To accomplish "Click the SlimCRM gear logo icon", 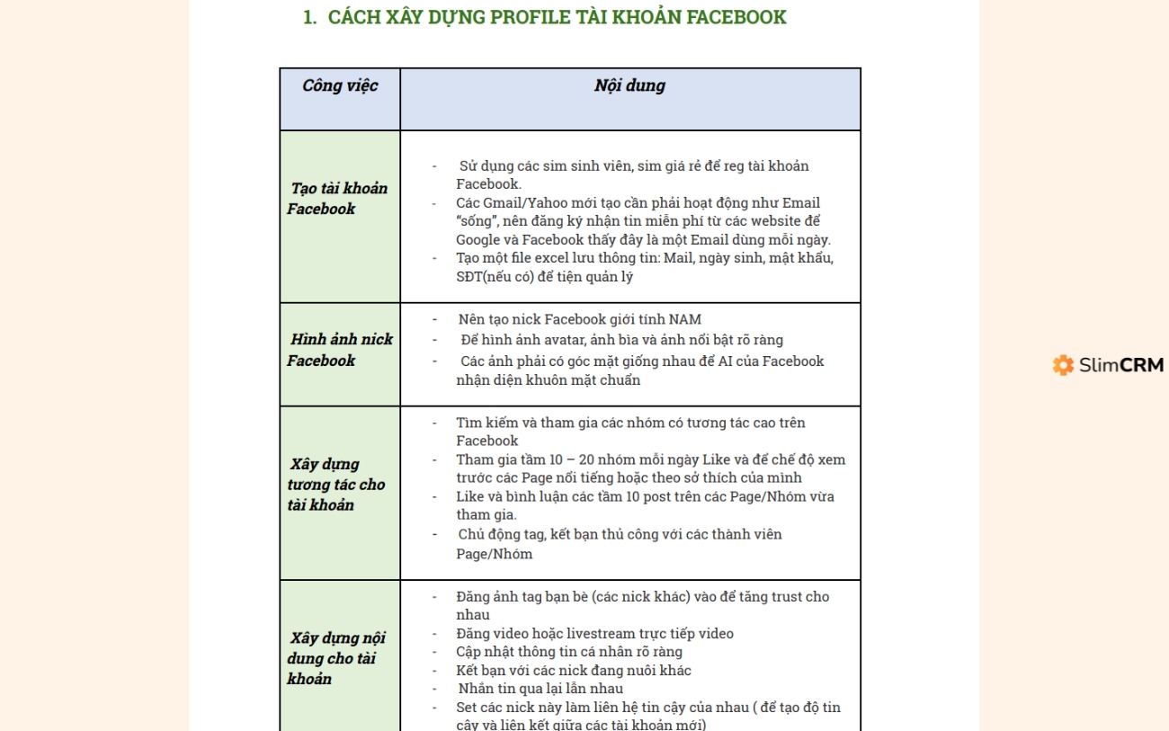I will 1064,365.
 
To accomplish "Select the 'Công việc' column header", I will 340,86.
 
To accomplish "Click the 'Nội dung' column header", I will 629,86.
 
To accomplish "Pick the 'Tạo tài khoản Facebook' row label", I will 337,199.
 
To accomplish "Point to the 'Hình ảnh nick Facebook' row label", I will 340,350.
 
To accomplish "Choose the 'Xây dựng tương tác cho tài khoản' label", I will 336,485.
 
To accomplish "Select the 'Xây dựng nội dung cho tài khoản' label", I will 336,658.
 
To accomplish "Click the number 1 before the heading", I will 309,17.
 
